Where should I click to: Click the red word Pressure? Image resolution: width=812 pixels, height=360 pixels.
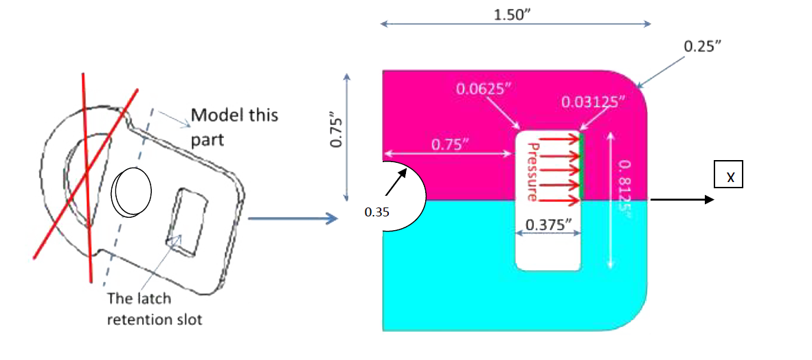tap(532, 172)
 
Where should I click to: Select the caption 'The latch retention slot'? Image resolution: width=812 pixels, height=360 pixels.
tap(155, 309)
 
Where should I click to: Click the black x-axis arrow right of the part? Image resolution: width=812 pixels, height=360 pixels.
tap(682, 200)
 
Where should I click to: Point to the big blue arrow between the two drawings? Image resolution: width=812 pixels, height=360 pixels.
tap(293, 218)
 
